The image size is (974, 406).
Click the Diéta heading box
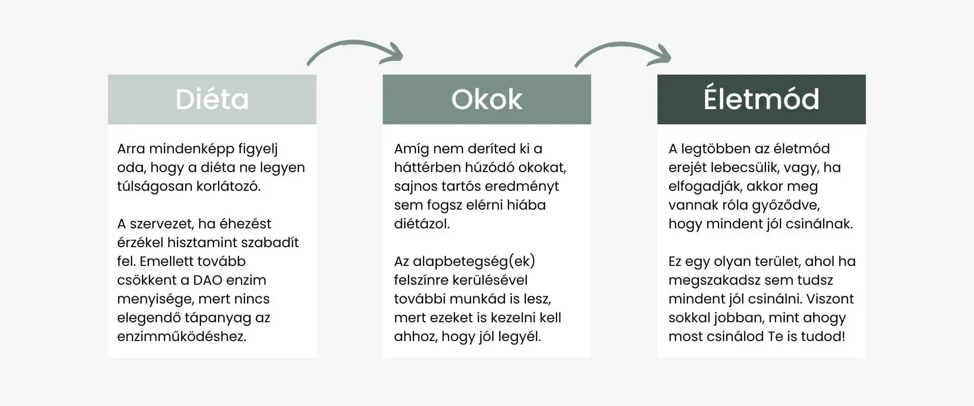212,99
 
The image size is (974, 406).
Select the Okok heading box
487,99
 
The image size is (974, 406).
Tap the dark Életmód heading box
761,99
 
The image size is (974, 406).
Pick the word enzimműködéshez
182,336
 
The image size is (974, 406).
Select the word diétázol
422,224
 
